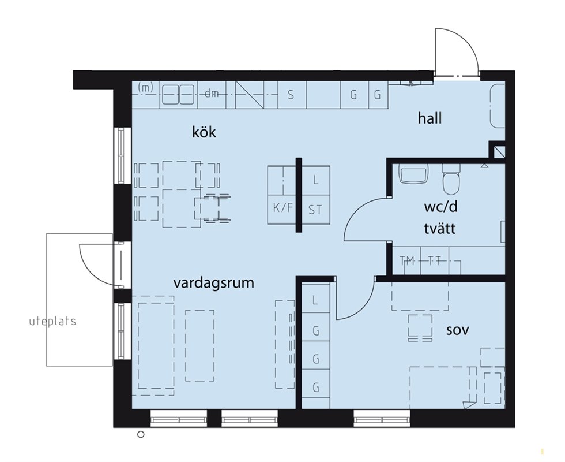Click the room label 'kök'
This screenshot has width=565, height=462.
click(204, 132)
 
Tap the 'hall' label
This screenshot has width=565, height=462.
click(430, 118)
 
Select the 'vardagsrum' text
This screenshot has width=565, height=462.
click(214, 283)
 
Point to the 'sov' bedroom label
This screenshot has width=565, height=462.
click(458, 330)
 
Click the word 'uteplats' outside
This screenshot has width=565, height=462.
click(52, 321)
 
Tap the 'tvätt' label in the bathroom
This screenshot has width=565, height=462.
click(439, 228)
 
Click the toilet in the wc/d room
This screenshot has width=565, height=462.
click(451, 179)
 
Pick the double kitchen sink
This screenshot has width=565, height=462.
click(178, 95)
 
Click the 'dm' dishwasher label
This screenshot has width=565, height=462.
click(212, 94)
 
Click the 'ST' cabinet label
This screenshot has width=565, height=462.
click(315, 210)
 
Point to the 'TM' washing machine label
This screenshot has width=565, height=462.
click(407, 260)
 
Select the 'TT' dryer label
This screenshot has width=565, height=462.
click(435, 260)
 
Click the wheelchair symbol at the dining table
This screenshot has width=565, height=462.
click(213, 208)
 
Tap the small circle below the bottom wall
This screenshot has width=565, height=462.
click(141, 434)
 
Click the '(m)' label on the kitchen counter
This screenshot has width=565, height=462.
click(145, 87)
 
